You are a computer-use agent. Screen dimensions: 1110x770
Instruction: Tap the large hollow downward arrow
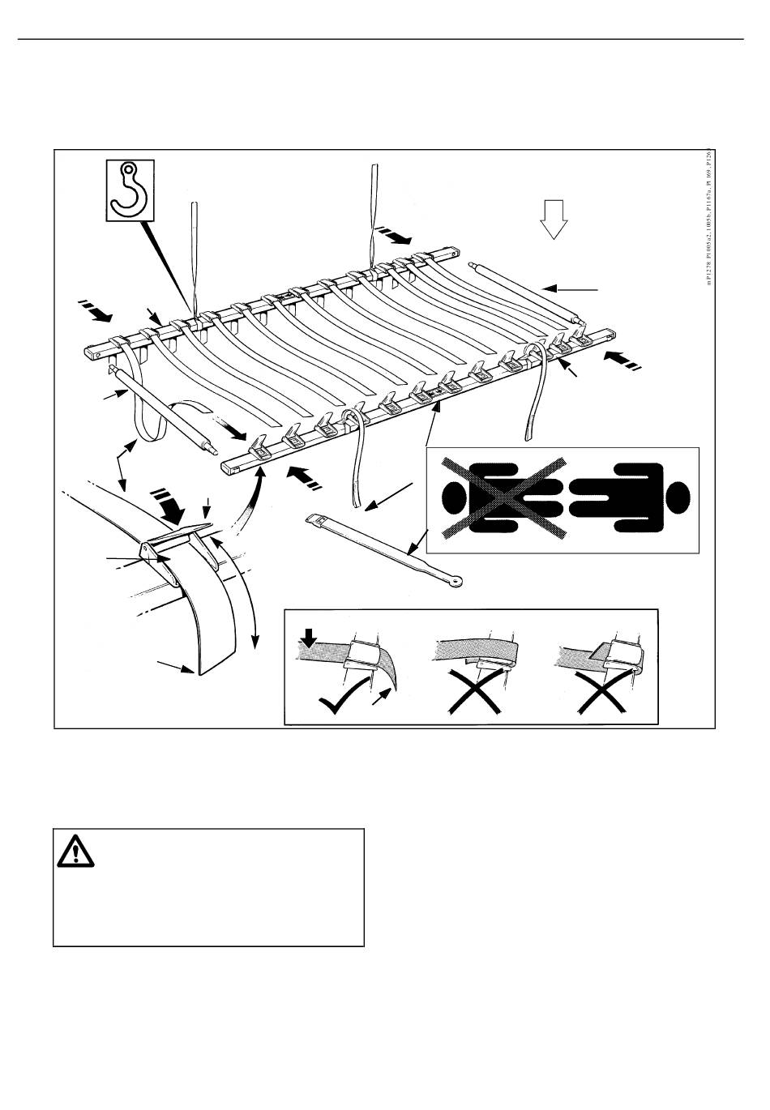click(554, 219)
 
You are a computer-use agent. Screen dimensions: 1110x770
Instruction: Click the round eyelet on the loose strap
click(458, 580)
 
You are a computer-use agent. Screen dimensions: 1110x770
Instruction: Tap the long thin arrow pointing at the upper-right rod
click(571, 288)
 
